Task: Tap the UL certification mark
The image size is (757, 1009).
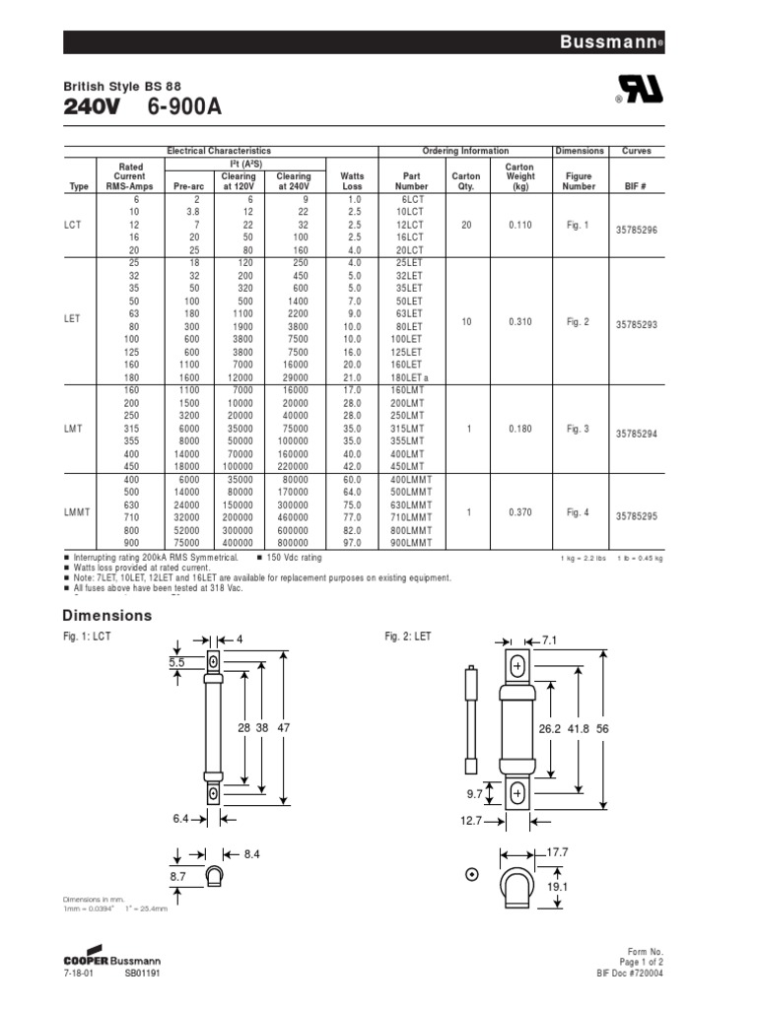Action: click(x=640, y=92)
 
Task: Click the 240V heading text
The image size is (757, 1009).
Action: click(x=92, y=108)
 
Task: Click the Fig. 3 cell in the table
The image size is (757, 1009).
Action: click(x=578, y=429)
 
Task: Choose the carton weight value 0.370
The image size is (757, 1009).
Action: click(x=519, y=512)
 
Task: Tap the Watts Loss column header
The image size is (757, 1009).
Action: click(x=352, y=180)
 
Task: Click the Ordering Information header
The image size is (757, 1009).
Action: click(x=465, y=151)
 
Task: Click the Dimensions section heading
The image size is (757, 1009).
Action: click(x=108, y=616)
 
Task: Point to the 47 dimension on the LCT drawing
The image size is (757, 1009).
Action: click(x=284, y=727)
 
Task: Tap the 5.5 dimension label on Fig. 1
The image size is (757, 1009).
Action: click(x=176, y=663)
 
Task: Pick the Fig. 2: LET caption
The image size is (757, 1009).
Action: click(x=408, y=638)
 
